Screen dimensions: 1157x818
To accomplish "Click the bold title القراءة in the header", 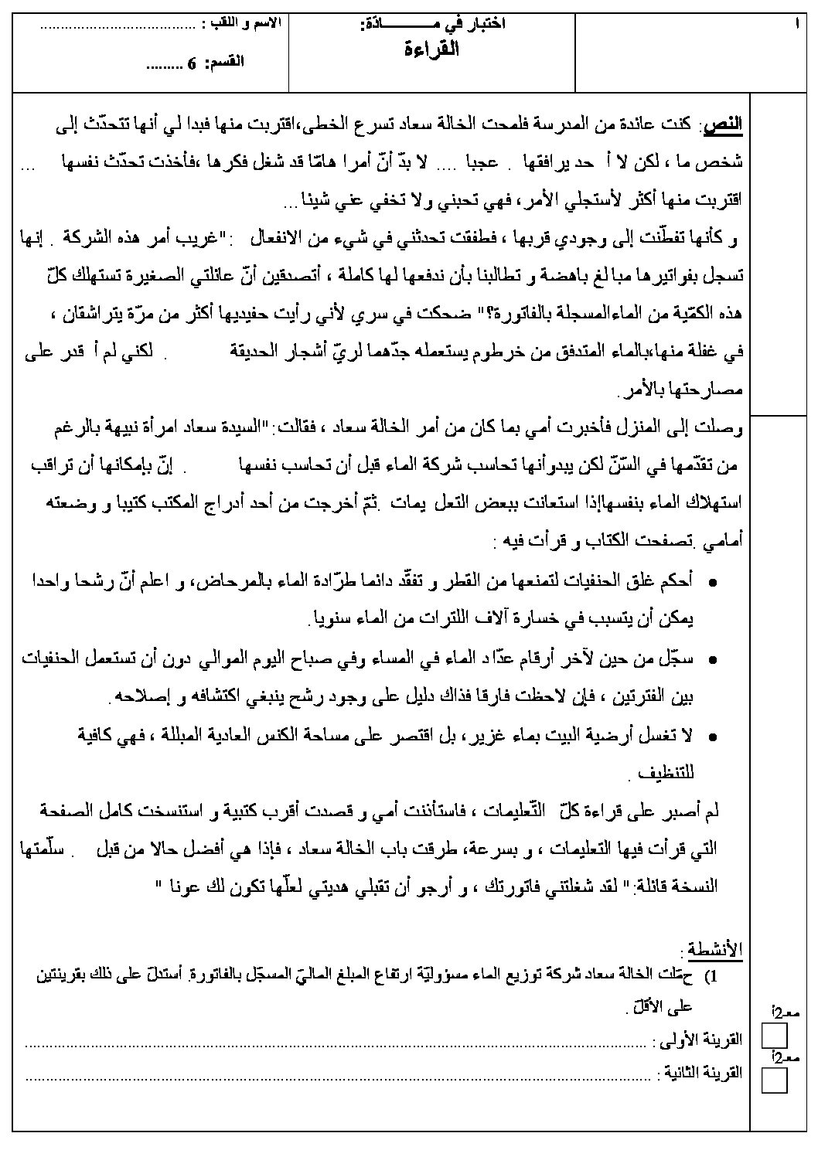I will (x=433, y=51).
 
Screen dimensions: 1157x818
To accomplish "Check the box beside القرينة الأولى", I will (x=774, y=1036).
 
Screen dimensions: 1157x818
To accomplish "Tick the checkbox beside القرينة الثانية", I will (x=774, y=1080).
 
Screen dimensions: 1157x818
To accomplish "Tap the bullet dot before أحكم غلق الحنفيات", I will (x=711, y=581).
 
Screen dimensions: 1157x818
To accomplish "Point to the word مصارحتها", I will (x=704, y=393).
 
